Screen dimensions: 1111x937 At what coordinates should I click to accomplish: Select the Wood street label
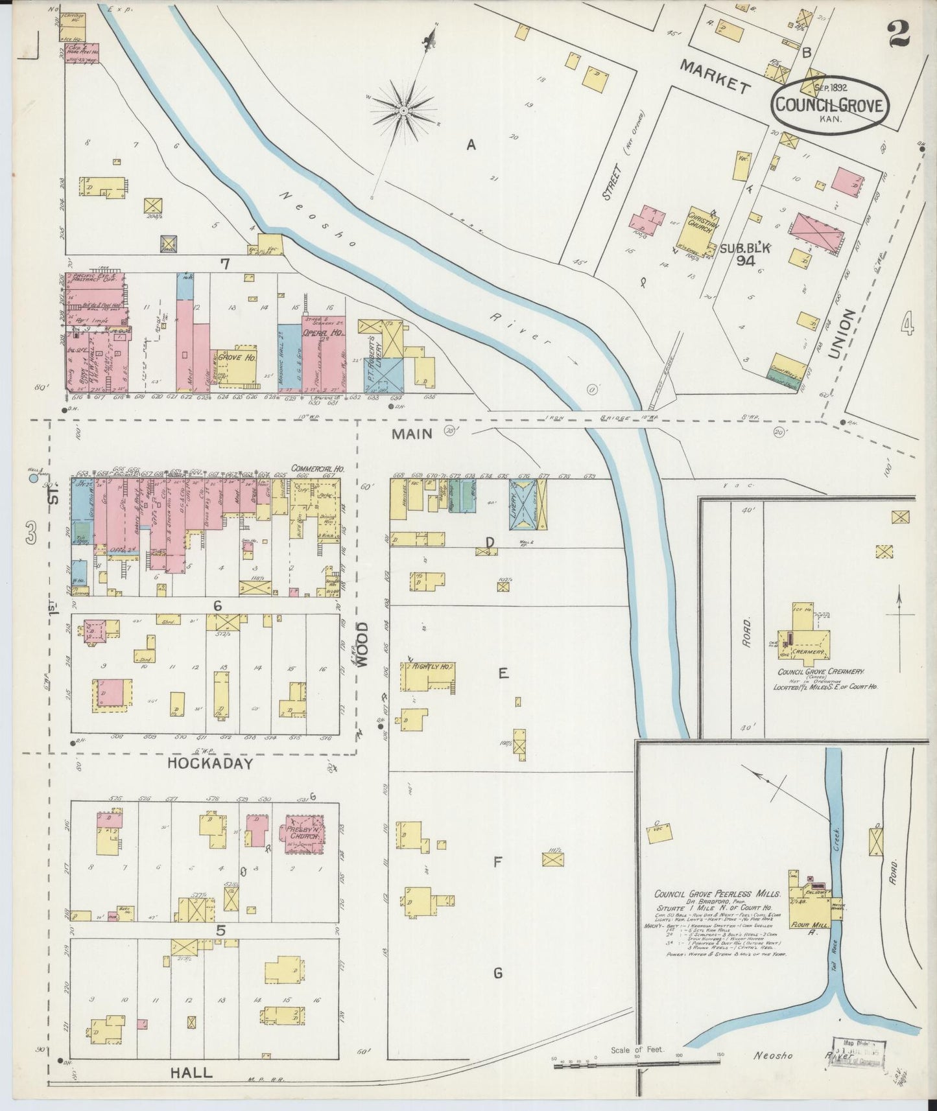click(362, 644)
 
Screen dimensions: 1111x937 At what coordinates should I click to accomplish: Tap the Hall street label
click(191, 1073)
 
